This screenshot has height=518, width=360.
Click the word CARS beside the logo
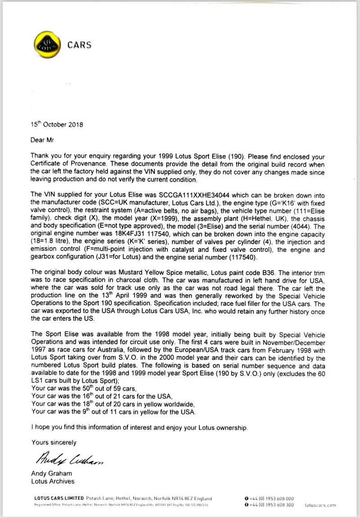tap(79, 45)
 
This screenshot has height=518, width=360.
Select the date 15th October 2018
tap(57, 125)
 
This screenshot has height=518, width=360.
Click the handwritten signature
tap(67, 459)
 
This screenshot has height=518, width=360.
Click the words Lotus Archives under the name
tap(53, 481)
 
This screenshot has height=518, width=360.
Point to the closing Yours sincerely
tap(54, 442)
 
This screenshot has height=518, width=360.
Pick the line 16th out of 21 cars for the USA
tap(102, 396)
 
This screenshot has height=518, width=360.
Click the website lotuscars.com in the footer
tap(320, 505)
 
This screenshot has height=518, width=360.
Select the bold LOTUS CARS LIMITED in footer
tap(59, 499)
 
